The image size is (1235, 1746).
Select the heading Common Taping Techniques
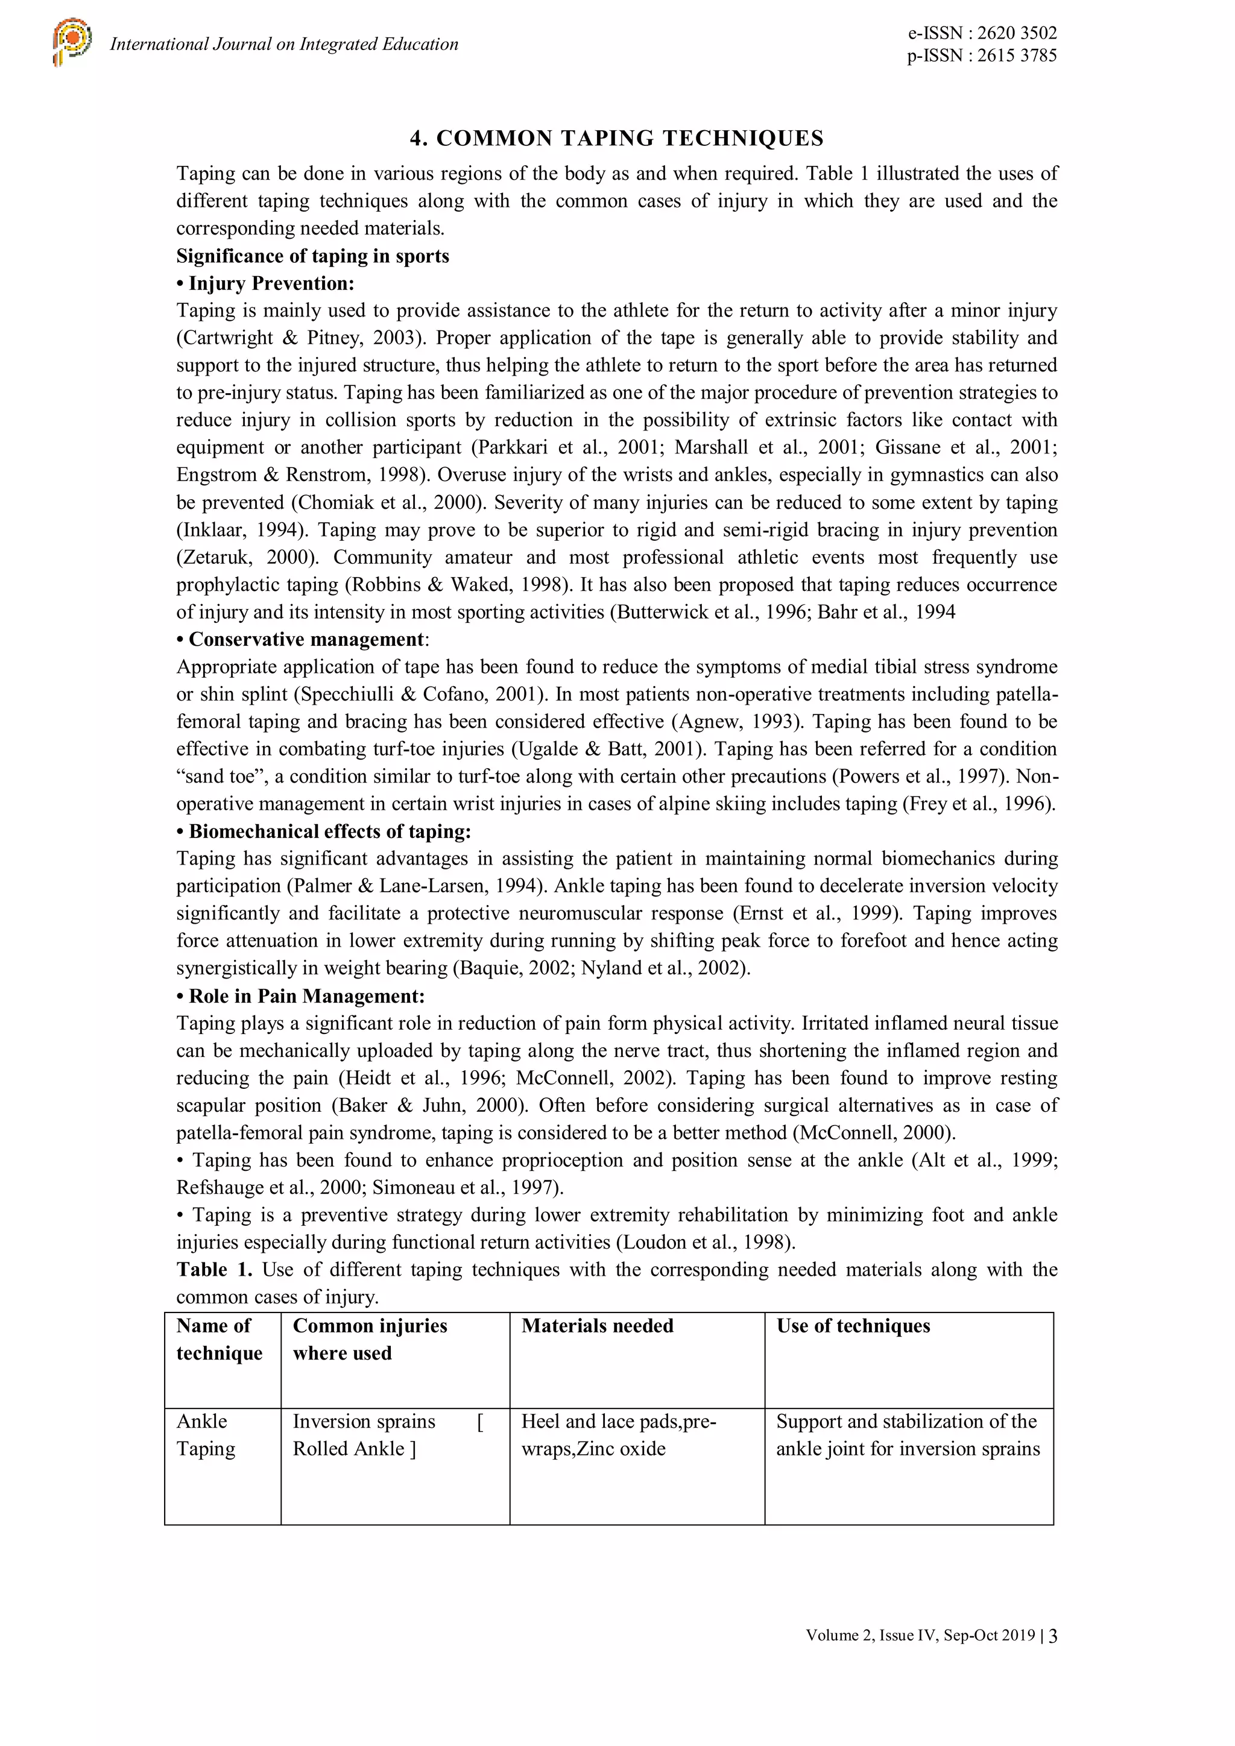point(617,139)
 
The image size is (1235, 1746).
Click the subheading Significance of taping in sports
point(312,256)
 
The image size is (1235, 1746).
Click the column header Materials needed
point(597,1326)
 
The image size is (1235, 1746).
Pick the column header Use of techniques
point(853,1326)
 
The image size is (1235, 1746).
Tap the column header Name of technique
point(219,1339)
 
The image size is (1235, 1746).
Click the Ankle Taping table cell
point(205,1435)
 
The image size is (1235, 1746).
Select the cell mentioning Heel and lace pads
point(617,1435)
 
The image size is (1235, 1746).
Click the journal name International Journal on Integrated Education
point(283,44)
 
